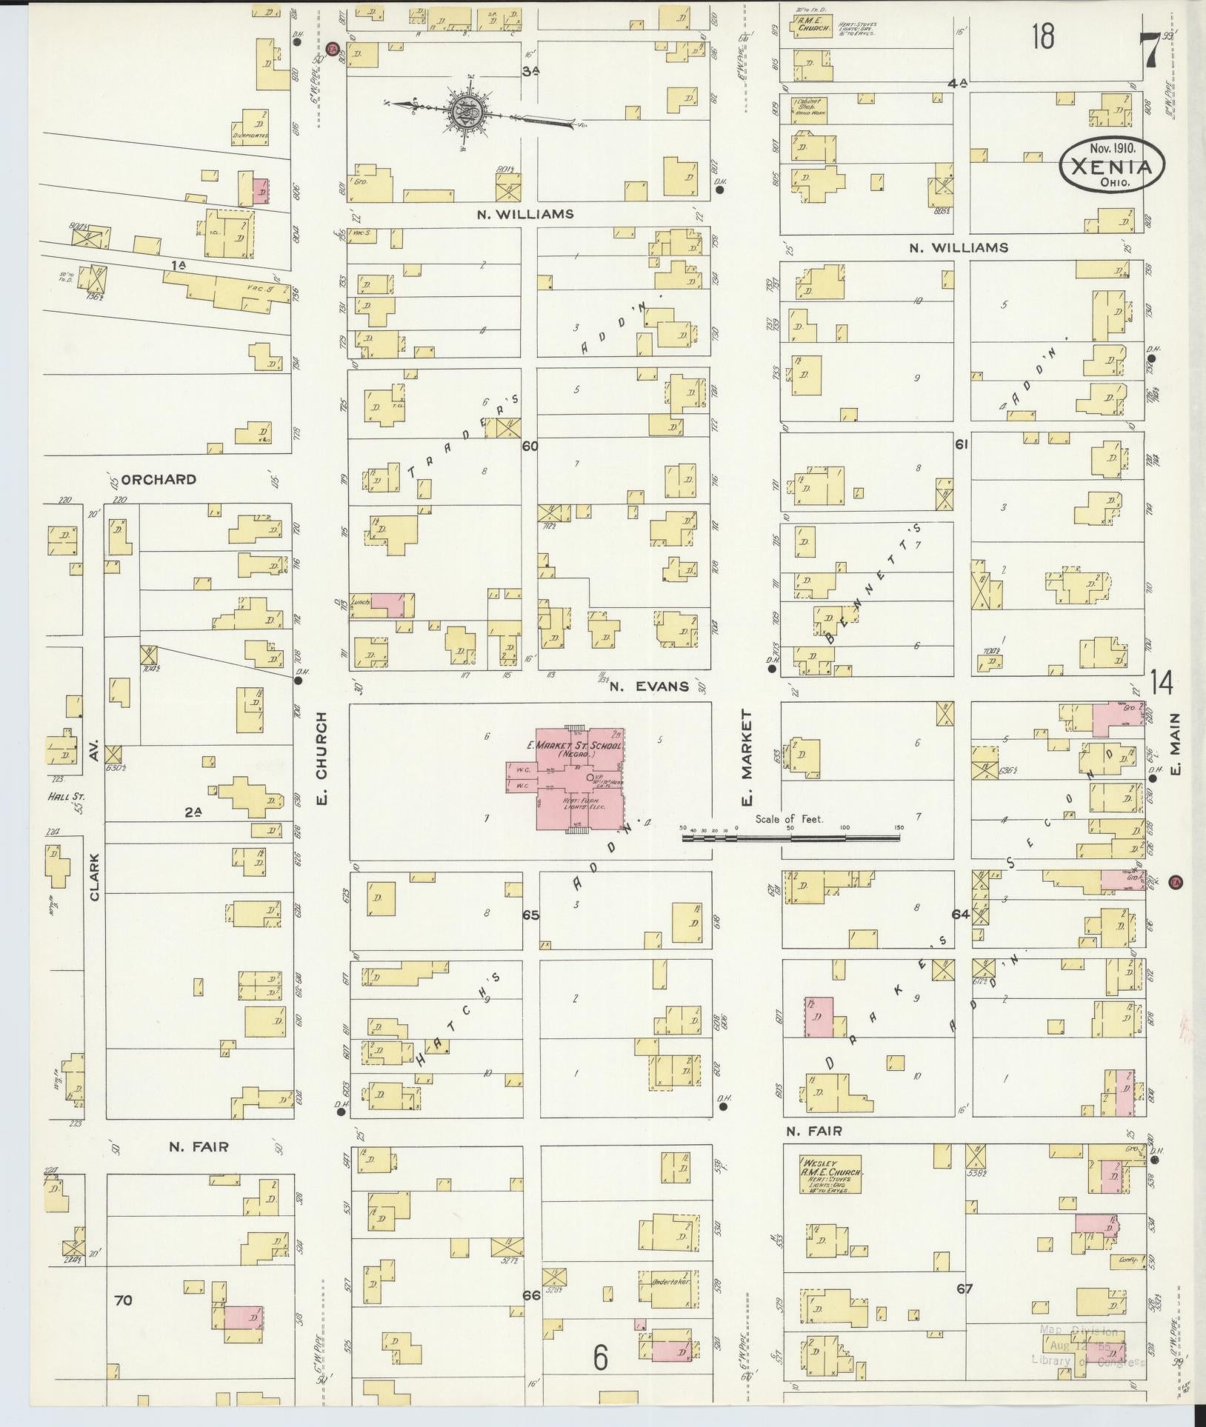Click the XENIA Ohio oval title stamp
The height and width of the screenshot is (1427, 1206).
point(1112,167)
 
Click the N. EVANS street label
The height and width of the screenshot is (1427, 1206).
point(649,686)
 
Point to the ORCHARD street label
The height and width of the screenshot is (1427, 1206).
point(159,479)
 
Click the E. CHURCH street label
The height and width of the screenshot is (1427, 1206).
point(322,756)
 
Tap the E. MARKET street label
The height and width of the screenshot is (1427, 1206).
point(747,757)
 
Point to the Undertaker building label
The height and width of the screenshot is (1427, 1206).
point(670,1280)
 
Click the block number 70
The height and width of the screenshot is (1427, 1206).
point(123,1300)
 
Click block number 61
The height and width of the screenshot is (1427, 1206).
point(962,444)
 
